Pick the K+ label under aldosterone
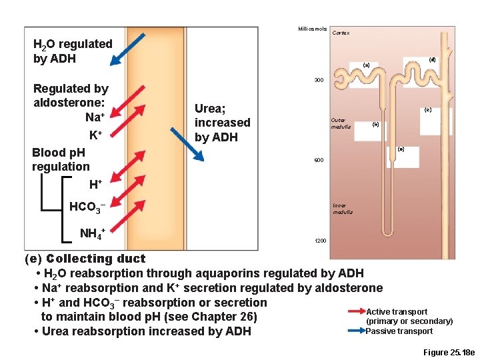tap(96, 135)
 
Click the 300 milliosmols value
tap(319, 81)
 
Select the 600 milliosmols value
tap(319, 161)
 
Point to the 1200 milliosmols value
tap(320, 240)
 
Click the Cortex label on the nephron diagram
tap(341, 33)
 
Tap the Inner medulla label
tap(343, 209)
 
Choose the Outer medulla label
tap(340, 123)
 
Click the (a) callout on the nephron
tap(365, 65)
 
